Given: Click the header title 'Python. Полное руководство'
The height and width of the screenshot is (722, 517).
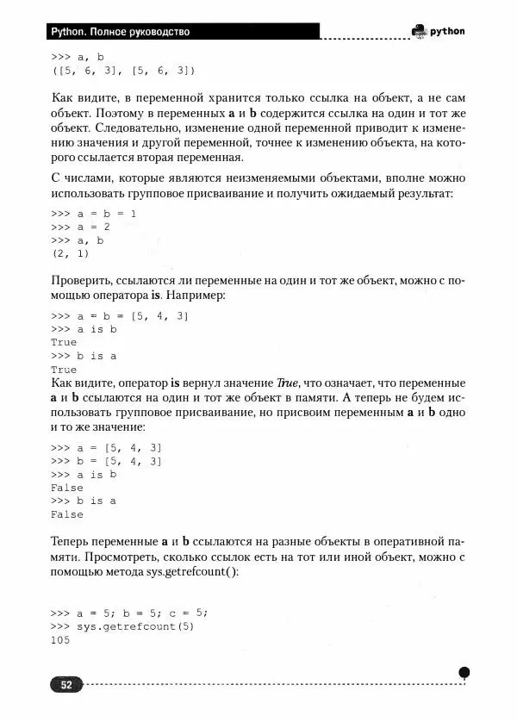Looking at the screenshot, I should click(x=120, y=32).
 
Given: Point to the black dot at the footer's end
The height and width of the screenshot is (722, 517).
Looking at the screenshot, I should click(x=464, y=672).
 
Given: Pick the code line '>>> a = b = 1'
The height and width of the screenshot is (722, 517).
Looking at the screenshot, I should click(x=95, y=213).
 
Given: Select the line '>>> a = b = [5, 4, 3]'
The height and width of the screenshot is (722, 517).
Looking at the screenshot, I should click(x=120, y=316).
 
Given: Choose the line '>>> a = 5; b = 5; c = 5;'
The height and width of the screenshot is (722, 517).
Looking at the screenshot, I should click(x=130, y=613).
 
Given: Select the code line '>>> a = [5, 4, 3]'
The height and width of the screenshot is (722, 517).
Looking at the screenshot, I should click(x=107, y=447).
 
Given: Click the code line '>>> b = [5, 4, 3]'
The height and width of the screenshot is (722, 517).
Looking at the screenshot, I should click(x=107, y=461).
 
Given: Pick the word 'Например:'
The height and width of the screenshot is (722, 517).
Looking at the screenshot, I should click(x=195, y=296).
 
